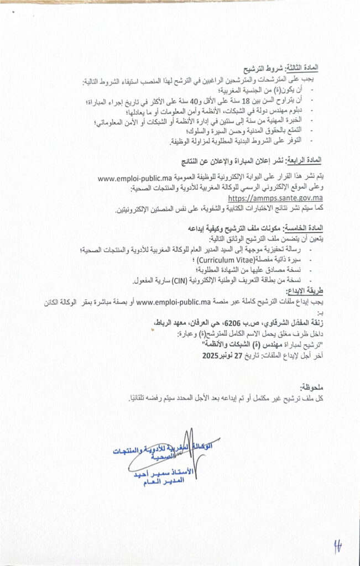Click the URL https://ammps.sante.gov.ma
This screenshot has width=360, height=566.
point(276,198)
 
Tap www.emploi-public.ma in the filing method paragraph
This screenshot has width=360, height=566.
point(174,301)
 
